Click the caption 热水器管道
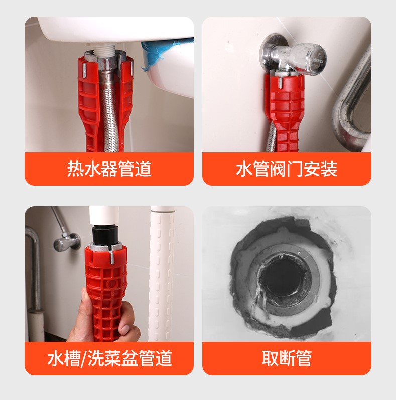(109, 169)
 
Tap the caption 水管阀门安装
(287, 169)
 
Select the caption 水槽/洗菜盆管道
(109, 358)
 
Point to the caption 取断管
(287, 358)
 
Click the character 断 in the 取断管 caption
(287, 358)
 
